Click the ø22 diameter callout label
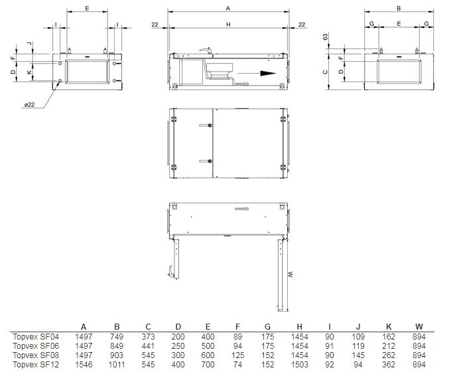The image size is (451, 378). pyautogui.click(x=29, y=105)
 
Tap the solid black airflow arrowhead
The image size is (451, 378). pyautogui.click(x=268, y=73)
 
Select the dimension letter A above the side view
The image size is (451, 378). pyautogui.click(x=227, y=9)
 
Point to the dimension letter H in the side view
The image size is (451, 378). pyautogui.click(x=228, y=25)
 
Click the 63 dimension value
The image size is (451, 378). pyautogui.click(x=325, y=37)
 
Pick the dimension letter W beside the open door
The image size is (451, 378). pyautogui.click(x=290, y=274)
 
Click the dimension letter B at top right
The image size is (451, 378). pyautogui.click(x=399, y=9)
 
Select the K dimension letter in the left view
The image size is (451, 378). pyautogui.click(x=29, y=72)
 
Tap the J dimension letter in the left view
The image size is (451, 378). pyautogui.click(x=29, y=44)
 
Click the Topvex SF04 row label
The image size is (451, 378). pyautogui.click(x=36, y=336)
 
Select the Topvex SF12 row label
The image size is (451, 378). pyautogui.click(x=36, y=365)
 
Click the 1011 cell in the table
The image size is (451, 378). pyautogui.click(x=117, y=365)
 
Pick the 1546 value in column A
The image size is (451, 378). pyautogui.click(x=84, y=365)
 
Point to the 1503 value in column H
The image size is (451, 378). pyautogui.click(x=299, y=365)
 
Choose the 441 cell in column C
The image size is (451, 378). pyautogui.click(x=148, y=346)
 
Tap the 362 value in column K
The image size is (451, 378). pyautogui.click(x=388, y=365)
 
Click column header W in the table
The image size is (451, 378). pyautogui.click(x=419, y=327)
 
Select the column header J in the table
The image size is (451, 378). pyautogui.click(x=357, y=327)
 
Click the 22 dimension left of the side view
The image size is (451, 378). pyautogui.click(x=155, y=25)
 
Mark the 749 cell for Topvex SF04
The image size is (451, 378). pyautogui.click(x=117, y=336)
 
